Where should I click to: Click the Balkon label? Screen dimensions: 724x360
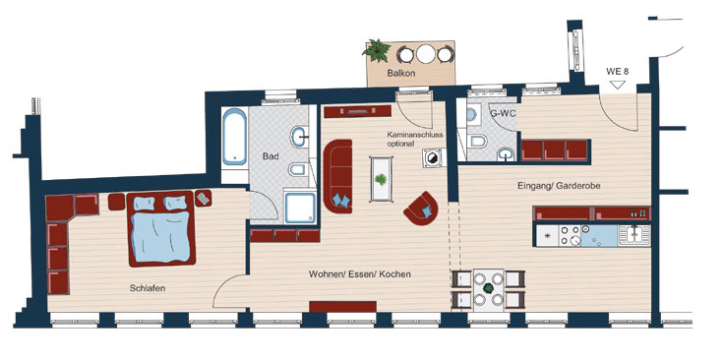point(401,73)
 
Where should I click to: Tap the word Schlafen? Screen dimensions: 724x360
point(148,288)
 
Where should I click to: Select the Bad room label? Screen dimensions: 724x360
point(271,156)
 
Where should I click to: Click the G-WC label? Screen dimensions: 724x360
point(502,113)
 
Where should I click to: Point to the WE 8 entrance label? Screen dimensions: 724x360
point(618,72)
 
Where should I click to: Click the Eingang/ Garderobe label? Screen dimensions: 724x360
point(559,186)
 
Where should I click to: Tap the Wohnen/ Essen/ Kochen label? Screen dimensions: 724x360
point(360,274)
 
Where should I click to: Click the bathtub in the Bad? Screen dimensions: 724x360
point(234,137)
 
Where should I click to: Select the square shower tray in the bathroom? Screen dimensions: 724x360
point(300,208)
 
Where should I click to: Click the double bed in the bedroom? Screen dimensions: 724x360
point(160,229)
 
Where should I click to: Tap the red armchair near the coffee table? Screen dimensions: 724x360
point(421,209)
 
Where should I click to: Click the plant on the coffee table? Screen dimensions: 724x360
point(381,180)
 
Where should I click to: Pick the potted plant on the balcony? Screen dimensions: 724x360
point(377,51)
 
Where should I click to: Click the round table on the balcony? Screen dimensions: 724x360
point(426,54)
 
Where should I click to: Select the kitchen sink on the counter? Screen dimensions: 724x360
point(634,234)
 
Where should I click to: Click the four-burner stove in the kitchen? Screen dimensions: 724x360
point(570,235)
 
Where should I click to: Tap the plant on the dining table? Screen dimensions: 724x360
point(488,288)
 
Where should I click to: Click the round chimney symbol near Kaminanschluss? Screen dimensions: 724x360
point(433,158)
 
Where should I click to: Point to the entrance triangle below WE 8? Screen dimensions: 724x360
point(618,85)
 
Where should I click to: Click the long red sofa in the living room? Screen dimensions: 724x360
point(337,176)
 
